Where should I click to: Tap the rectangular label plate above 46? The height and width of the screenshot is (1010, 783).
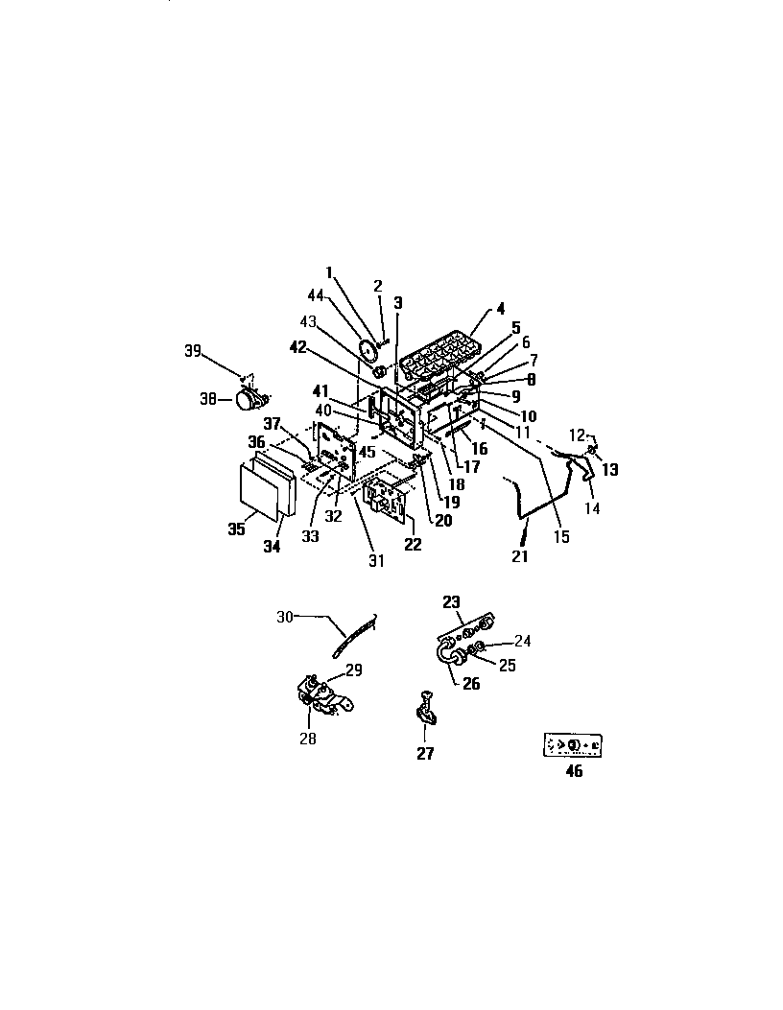574,745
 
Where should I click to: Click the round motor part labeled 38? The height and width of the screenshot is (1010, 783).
249,400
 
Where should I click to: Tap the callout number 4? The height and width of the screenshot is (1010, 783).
500,310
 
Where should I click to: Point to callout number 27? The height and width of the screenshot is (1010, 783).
424,754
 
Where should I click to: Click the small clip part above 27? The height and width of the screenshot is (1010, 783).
424,710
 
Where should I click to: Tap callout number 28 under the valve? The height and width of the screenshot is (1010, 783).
307,739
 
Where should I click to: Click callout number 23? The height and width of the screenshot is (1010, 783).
451,602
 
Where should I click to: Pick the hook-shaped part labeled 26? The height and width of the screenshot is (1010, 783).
447,656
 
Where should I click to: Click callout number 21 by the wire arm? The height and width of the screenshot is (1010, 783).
519,557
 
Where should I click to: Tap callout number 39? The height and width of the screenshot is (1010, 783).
193,351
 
